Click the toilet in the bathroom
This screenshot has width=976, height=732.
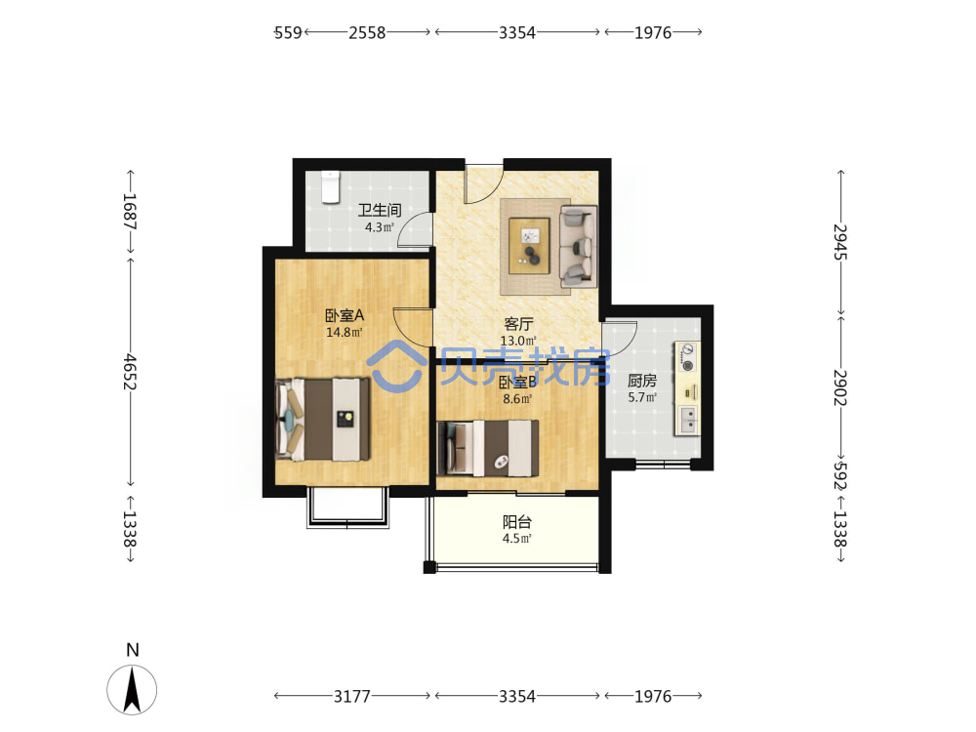[330, 186]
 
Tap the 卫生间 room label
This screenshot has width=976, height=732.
[379, 211]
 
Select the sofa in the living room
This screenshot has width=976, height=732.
[578, 247]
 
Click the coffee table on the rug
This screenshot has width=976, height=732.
[529, 245]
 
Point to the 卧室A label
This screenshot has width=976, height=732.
[345, 315]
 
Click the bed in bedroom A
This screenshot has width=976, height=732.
[323, 419]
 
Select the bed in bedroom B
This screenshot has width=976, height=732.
[488, 448]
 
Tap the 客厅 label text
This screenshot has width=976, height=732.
[518, 324]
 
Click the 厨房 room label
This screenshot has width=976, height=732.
[642, 381]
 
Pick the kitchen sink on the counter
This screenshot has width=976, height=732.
[688, 420]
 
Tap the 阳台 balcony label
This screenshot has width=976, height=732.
[516, 521]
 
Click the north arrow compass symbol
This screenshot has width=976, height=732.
[132, 689]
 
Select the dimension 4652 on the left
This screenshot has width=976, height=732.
[130, 372]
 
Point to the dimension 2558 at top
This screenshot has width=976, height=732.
[367, 32]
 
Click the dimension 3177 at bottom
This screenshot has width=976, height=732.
[351, 696]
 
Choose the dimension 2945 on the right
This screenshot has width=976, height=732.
[840, 242]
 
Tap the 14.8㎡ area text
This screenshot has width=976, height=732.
[345, 333]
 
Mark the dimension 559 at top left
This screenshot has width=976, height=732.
[288, 32]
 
